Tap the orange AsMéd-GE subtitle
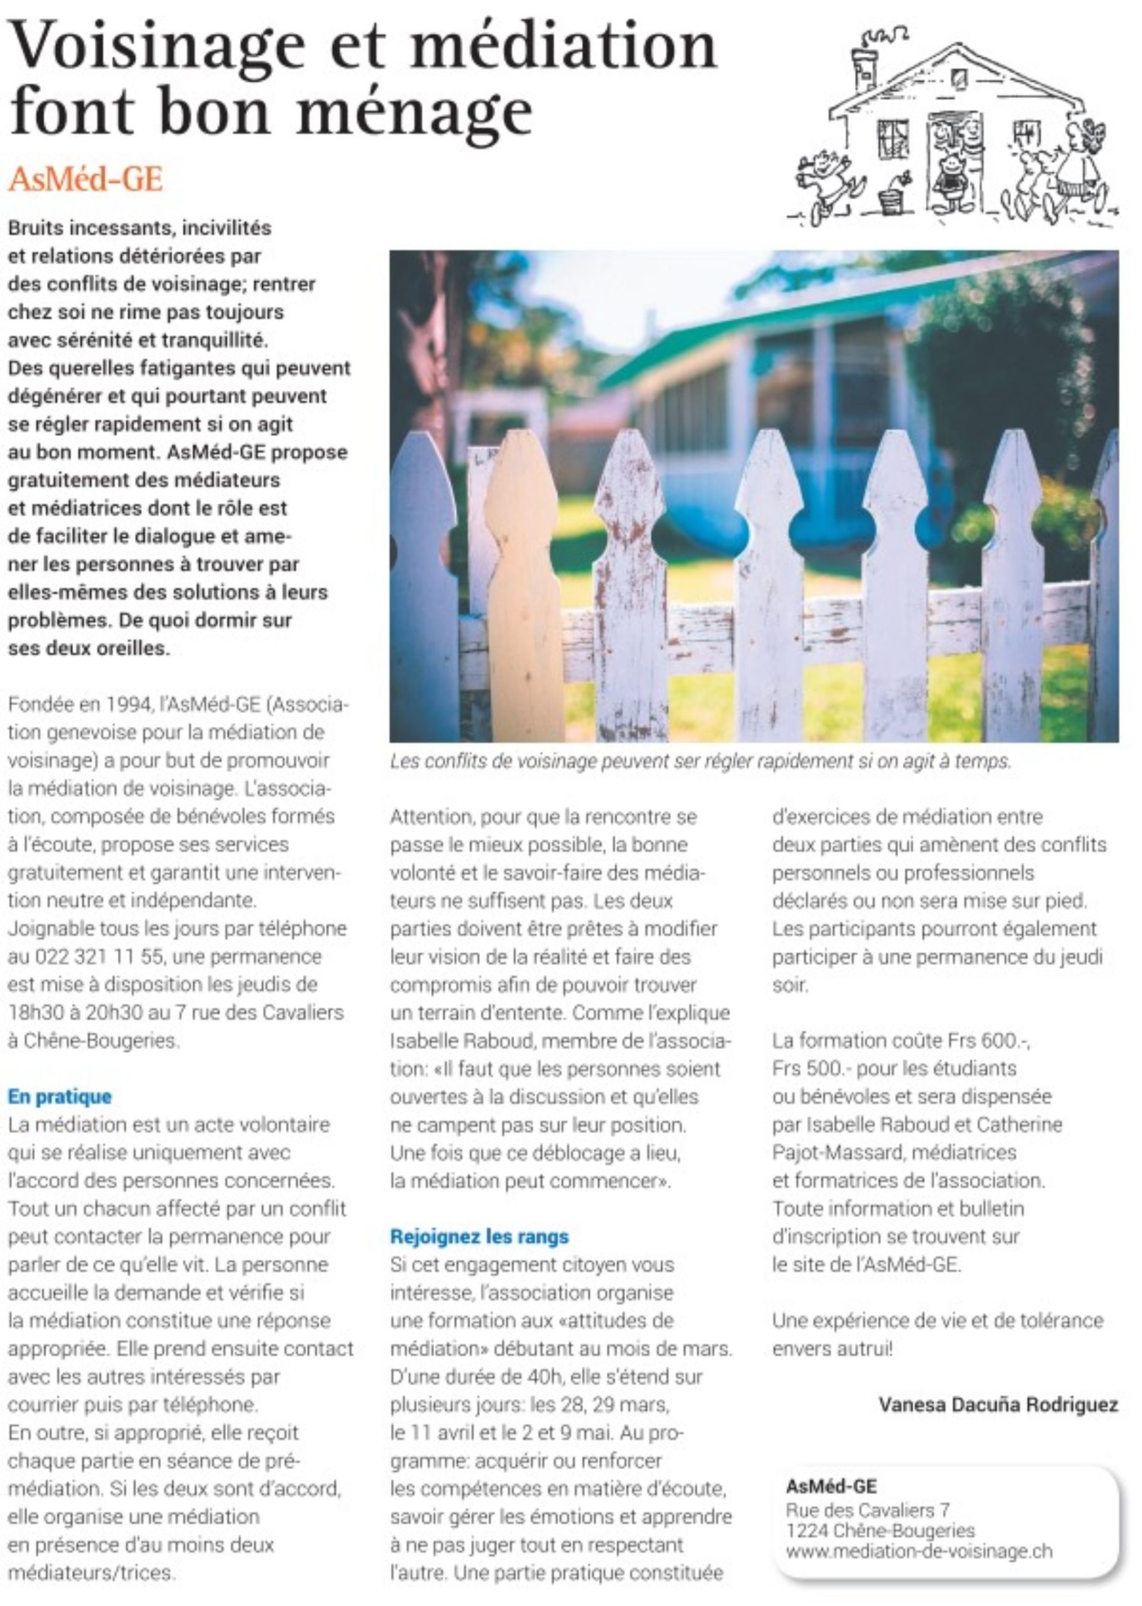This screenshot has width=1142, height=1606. (x=85, y=180)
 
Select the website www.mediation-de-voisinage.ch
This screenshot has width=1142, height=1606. (x=919, y=1546)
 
